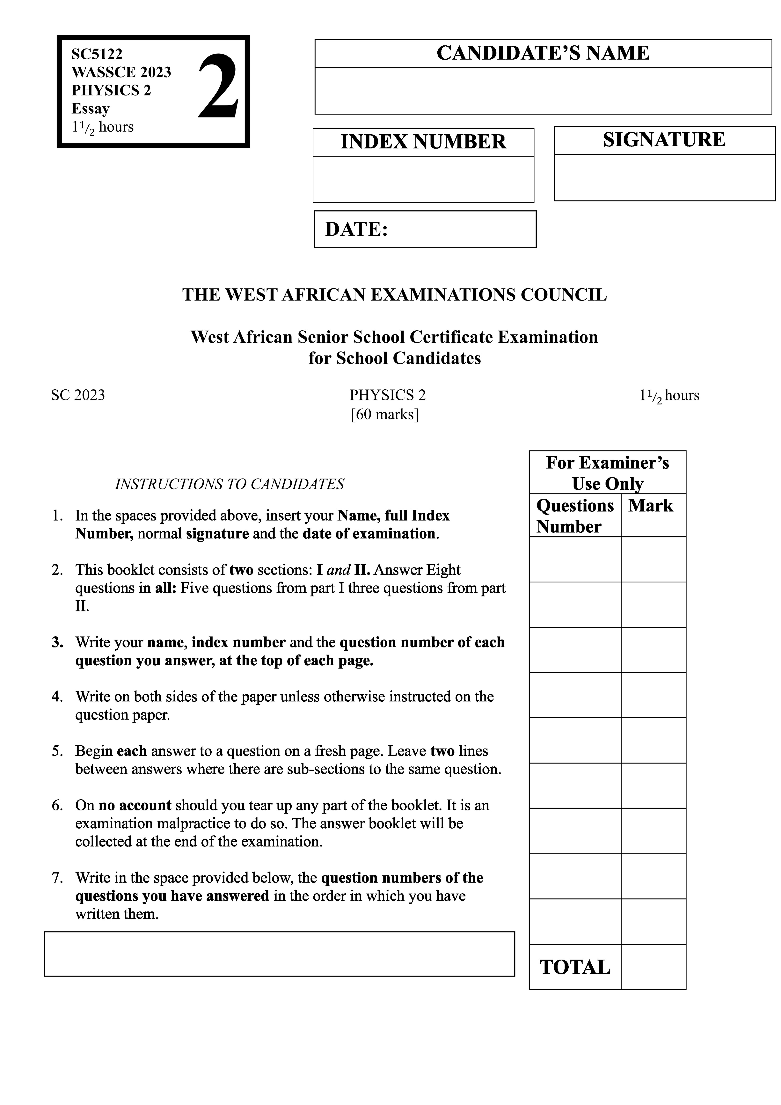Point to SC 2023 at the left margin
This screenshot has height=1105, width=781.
coord(78,395)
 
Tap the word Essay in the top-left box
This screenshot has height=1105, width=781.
coord(91,109)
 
